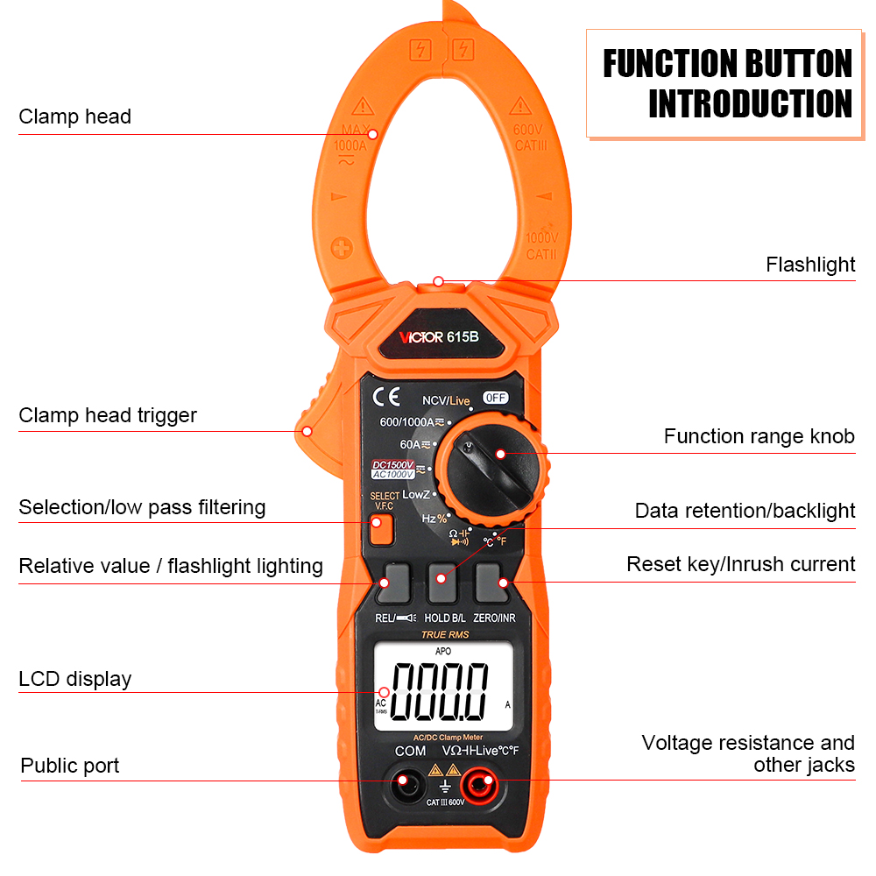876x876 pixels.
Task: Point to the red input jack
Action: pyautogui.click(x=480, y=781)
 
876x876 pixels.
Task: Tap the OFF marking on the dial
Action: pyautogui.click(x=495, y=397)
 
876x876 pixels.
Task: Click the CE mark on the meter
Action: pyautogui.click(x=386, y=397)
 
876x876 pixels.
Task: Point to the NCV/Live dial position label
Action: pyautogui.click(x=446, y=400)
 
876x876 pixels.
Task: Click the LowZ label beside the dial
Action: pyautogui.click(x=415, y=495)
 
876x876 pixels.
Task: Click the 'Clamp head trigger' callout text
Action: pyautogui.click(x=108, y=415)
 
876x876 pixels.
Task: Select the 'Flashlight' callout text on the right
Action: pyautogui.click(x=810, y=265)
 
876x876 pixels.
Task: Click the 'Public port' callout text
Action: pyautogui.click(x=70, y=766)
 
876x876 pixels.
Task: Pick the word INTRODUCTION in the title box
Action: pyautogui.click(x=750, y=103)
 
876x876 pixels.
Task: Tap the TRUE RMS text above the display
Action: pyautogui.click(x=445, y=634)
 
